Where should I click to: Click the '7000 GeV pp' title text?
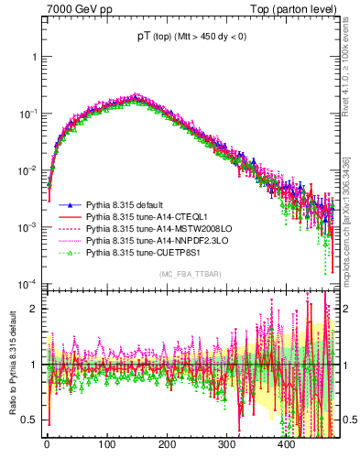76,9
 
